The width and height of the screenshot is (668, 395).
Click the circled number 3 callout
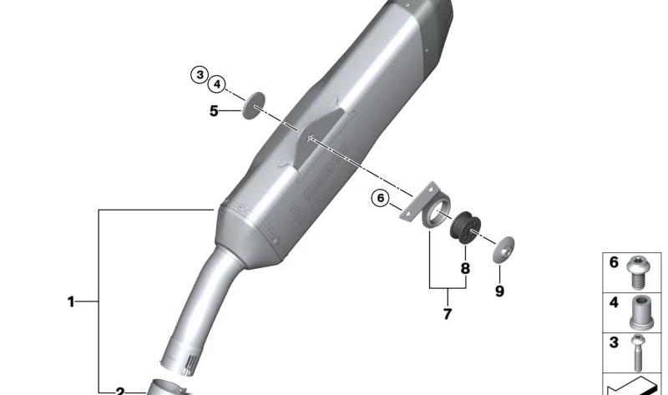[200, 75]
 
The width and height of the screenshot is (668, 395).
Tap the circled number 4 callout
[217, 84]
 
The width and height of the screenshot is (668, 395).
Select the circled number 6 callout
[380, 198]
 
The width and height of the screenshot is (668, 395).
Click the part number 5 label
[214, 111]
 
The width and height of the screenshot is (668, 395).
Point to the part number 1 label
[71, 302]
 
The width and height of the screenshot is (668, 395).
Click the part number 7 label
[447, 314]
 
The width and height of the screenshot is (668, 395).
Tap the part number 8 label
[465, 268]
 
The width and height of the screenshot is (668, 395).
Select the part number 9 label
[499, 291]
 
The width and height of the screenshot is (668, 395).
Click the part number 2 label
[119, 391]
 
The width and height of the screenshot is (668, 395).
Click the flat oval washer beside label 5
[254, 105]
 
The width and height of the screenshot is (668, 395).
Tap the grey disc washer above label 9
[504, 250]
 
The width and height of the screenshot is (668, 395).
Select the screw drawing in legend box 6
[637, 273]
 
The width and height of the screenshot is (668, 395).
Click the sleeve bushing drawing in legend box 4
[641, 313]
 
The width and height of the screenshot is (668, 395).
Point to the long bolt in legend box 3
[638, 352]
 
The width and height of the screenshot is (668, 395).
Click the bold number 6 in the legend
[614, 262]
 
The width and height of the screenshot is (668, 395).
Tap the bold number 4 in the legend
[614, 302]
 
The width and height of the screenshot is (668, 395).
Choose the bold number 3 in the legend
[614, 342]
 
